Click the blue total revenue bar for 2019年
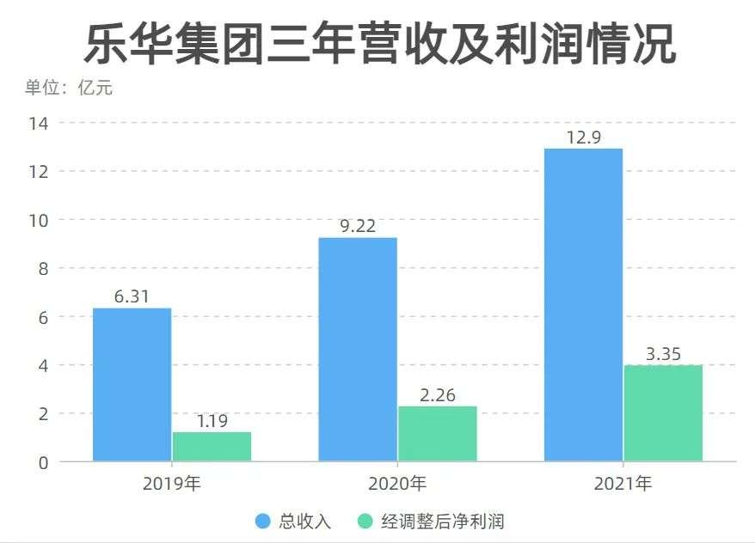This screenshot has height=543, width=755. pyautogui.click(x=132, y=384)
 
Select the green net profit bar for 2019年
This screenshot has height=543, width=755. pyautogui.click(x=212, y=446)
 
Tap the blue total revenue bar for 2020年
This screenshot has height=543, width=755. pyautogui.click(x=358, y=349)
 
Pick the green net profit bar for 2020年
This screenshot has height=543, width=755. pyautogui.click(x=437, y=433)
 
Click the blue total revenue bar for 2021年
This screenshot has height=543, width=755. pyautogui.click(x=583, y=304)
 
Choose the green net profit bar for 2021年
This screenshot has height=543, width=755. pyautogui.click(x=663, y=412)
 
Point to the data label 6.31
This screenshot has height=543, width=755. pyautogui.click(x=132, y=297)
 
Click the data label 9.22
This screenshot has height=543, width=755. pyautogui.click(x=358, y=227)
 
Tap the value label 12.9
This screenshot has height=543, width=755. pyautogui.click(x=583, y=137)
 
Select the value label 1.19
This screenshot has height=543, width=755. pyautogui.click(x=212, y=421)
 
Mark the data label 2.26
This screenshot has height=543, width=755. pyautogui.click(x=437, y=395)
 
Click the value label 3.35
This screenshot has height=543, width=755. pyautogui.click(x=663, y=354)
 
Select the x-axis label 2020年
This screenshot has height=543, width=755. pyautogui.click(x=397, y=484)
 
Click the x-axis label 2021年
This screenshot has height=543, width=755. pyautogui.click(x=623, y=484)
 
